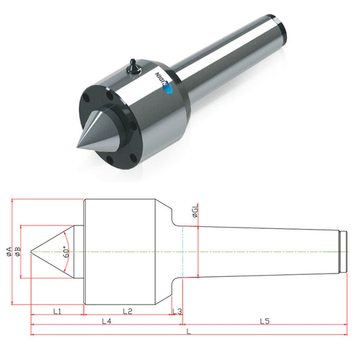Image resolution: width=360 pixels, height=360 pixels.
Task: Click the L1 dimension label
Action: pos(57,311)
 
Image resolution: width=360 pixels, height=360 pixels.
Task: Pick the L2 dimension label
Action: pos(128,311)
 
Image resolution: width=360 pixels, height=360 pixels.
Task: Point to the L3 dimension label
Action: pos(177,311)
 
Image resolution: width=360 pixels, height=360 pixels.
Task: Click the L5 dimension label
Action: pos(265,321)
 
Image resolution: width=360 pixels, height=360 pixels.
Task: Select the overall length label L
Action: pos(188,331)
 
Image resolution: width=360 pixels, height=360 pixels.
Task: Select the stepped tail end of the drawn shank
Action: pos(343,252)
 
